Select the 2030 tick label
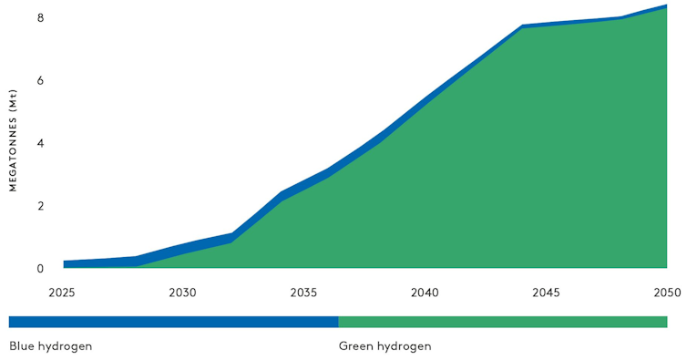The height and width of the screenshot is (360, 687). [x=183, y=293]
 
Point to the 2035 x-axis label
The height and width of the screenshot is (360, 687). [x=303, y=293]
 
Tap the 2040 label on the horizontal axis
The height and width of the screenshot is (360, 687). [x=425, y=293]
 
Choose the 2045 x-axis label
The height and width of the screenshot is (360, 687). [x=546, y=293]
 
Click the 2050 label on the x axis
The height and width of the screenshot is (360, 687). [x=666, y=293]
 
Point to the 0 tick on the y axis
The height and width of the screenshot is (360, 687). [x=40, y=269]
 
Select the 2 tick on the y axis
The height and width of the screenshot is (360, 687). [x=40, y=206]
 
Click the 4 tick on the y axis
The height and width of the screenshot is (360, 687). [x=40, y=143]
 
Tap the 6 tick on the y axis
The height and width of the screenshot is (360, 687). [x=40, y=80]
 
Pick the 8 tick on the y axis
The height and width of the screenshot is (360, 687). [x=40, y=18]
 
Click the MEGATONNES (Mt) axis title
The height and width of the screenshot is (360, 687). [x=14, y=140]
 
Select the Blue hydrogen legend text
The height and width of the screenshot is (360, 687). [x=51, y=346]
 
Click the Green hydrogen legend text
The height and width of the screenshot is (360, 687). [x=385, y=346]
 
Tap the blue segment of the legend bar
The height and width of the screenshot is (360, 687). [x=173, y=322]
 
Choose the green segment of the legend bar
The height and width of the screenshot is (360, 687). [x=502, y=322]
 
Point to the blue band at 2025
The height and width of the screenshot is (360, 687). [x=67, y=264]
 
